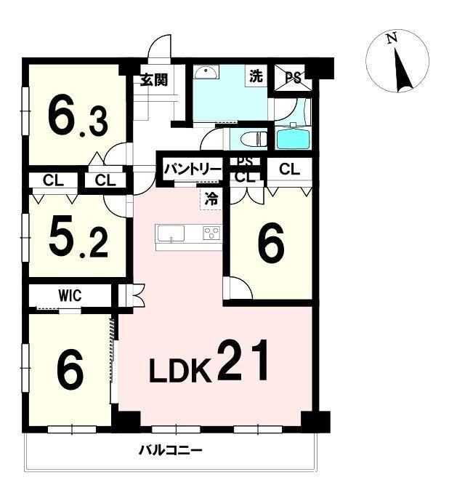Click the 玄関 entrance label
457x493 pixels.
pyautogui.click(x=154, y=80)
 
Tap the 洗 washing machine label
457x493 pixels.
pyautogui.click(x=256, y=76)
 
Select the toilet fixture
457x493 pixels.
pyautogui.click(x=254, y=139)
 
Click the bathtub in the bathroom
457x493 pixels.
pyautogui.click(x=293, y=139)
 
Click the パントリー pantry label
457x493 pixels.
pyautogui.click(x=193, y=169)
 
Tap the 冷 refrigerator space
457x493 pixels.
pyautogui.click(x=211, y=198)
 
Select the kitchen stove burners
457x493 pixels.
pyautogui.click(x=211, y=233)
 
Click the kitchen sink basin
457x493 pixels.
pyautogui.click(x=171, y=233)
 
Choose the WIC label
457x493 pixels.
pyautogui.click(x=70, y=295)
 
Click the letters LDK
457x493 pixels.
pyautogui.click(x=179, y=371)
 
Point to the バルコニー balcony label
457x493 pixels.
pyautogui.click(x=171, y=451)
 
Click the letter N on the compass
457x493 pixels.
pyautogui.click(x=392, y=38)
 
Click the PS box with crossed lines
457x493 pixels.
pyautogui.click(x=294, y=78)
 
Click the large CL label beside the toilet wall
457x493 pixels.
pyautogui.click(x=289, y=169)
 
